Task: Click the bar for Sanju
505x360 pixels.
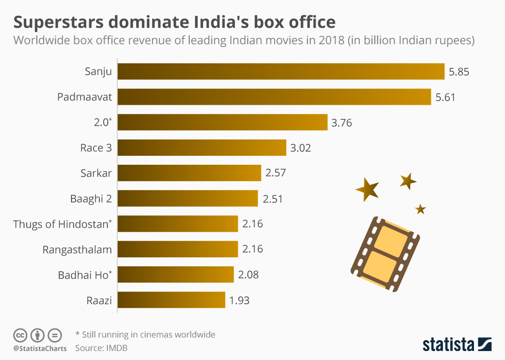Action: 281,71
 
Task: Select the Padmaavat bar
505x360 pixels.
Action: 274,97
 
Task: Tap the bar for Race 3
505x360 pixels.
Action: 201,148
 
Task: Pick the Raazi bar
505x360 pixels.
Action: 171,301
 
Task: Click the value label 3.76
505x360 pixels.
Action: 341,123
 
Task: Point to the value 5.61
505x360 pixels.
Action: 445,97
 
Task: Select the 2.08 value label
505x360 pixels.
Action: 248,275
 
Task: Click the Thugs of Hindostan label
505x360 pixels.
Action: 62,224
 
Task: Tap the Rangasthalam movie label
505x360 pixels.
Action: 77,249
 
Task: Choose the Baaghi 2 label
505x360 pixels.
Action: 90,199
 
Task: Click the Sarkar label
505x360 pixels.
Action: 96,174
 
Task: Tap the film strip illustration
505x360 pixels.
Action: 385,253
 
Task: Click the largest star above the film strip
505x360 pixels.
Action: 367,189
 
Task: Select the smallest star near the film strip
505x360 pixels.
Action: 420,209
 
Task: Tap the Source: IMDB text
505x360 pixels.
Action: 101,348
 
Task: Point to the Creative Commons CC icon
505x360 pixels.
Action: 21,335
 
